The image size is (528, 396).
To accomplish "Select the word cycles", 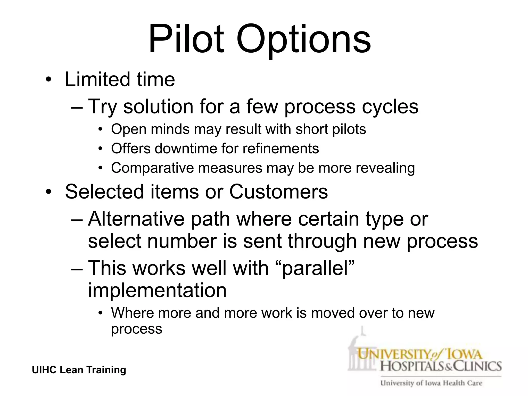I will pos(390,106).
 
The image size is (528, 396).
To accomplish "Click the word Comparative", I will pos(152,168).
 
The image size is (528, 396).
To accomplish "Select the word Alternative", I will pos(136,219).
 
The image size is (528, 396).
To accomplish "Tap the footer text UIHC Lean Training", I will pos(79,370).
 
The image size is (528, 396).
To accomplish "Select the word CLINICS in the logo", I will pos(477,366).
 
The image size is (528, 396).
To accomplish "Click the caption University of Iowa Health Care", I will pos(431,383).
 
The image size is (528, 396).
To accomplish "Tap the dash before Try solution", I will pos(77,106).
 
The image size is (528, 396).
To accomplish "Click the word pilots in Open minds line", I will pos(349,129).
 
